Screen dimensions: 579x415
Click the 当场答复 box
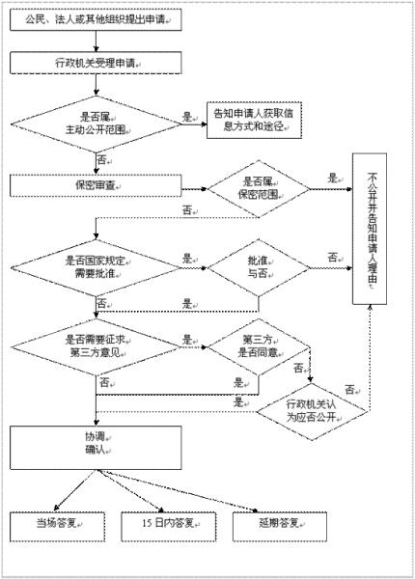[x=57, y=524]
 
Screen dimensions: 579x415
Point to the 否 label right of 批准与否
[x=332, y=258]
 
